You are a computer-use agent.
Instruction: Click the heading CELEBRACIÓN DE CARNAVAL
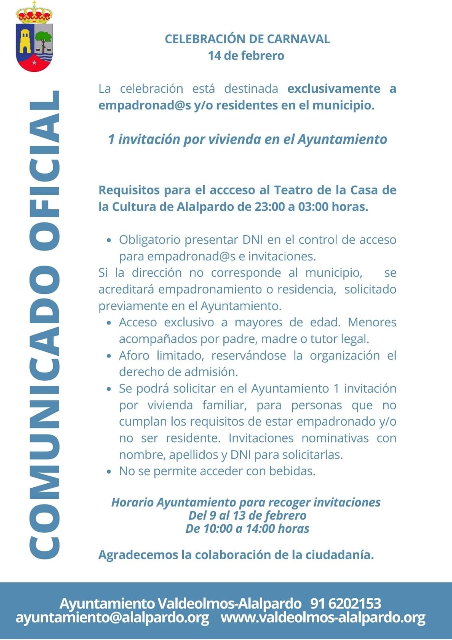click(247, 39)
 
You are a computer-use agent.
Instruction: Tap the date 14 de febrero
click(246, 56)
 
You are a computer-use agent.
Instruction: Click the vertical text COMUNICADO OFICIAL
click(45, 324)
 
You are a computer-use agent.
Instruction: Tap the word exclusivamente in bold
click(334, 88)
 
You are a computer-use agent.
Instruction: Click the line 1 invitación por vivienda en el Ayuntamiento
click(247, 139)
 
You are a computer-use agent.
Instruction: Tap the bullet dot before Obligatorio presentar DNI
click(109, 240)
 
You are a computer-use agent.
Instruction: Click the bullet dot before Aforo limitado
click(109, 356)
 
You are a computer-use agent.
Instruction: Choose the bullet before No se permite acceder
click(109, 472)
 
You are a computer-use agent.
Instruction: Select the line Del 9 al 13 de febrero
click(247, 515)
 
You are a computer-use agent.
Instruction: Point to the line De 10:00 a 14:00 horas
click(247, 528)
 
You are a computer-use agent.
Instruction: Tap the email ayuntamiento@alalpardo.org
click(112, 618)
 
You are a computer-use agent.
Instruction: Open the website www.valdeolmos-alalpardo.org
click(323, 618)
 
